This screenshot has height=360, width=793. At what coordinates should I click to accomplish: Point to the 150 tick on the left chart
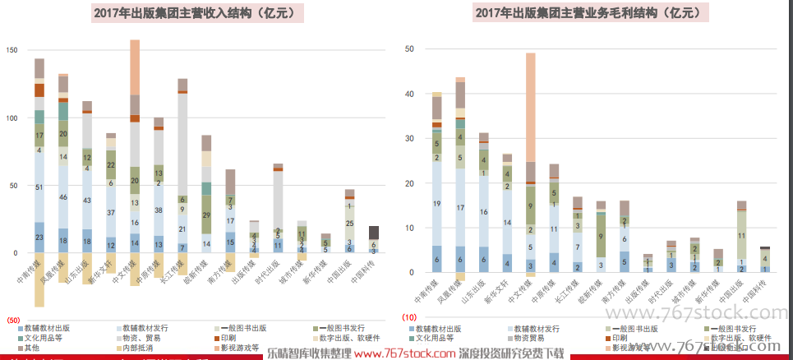point(11,51)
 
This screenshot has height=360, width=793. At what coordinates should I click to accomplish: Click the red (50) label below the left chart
point(13,319)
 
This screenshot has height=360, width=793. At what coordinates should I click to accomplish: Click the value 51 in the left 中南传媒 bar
point(39,187)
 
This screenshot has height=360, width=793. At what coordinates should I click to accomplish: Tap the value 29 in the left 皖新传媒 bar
point(206,215)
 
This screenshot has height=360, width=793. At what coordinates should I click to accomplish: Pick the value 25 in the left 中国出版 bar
point(350,223)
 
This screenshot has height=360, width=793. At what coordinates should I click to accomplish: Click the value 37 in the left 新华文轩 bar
point(111,212)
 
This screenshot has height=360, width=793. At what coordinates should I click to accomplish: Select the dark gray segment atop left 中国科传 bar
point(374,232)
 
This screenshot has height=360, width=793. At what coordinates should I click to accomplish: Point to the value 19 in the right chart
point(436,204)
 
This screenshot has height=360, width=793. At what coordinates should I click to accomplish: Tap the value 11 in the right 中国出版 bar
point(742,235)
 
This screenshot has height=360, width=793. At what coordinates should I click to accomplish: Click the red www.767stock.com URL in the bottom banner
point(404,353)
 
